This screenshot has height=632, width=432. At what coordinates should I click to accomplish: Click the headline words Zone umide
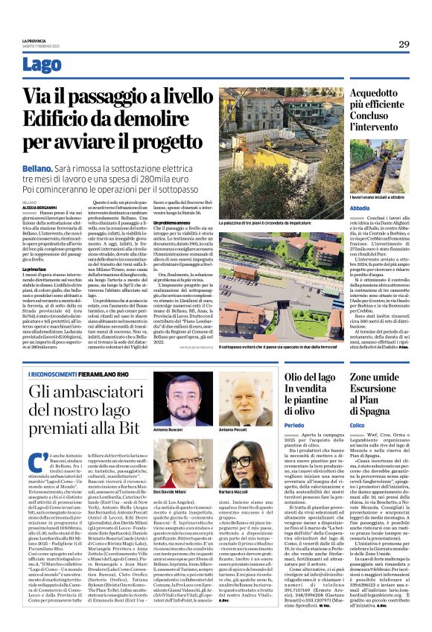point(378,378)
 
